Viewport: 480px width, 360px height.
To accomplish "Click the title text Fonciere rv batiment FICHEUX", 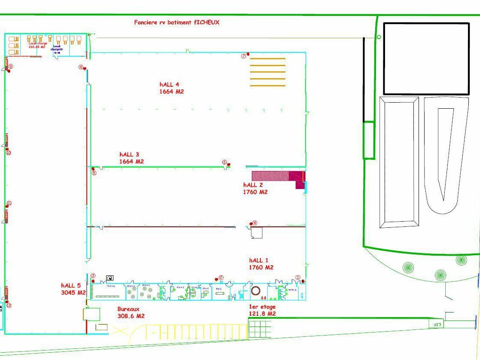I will coord(177,22).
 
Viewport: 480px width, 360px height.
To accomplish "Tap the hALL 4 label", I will coord(172,88).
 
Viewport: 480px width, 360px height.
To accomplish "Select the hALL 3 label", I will coord(131,158).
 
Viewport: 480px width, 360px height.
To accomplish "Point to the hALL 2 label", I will coord(255,188).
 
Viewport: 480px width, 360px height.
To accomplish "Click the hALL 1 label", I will coord(261,264).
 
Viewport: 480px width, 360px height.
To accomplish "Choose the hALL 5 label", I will coord(73,289).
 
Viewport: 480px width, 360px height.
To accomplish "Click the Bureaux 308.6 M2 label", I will coord(131,312).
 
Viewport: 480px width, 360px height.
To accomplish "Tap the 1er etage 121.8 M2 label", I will coord(262,310).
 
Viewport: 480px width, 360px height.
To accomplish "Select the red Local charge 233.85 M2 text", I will coord(37,45).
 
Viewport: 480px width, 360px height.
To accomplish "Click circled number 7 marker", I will coord(243,56).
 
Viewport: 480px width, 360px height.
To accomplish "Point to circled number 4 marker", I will coord(255,223).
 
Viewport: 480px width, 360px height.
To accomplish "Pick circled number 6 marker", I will coord(224,162).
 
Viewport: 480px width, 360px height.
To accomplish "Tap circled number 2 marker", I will coord(221,278).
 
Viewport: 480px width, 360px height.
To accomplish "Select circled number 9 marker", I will coord(11,66).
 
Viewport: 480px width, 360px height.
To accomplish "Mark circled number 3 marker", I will coord(93,276).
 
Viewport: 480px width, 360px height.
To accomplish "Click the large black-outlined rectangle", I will coord(426,58).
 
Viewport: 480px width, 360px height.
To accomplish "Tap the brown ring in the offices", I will coord(256,291).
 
